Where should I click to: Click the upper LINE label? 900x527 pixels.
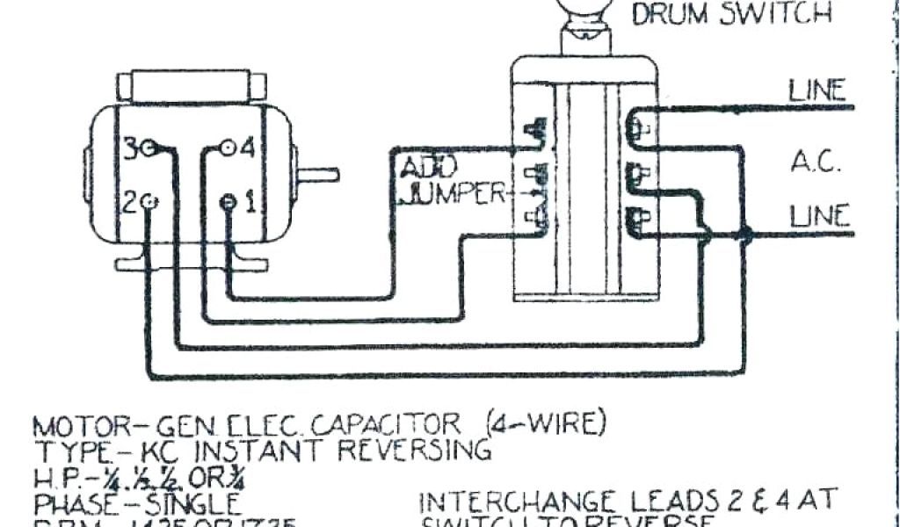coord(817,90)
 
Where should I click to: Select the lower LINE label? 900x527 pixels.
coord(818,215)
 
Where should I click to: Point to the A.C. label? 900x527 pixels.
coord(818,162)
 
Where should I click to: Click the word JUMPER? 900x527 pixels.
coord(453,193)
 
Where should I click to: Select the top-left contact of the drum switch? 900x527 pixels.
coord(533,131)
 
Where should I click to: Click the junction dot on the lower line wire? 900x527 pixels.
coord(746,235)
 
